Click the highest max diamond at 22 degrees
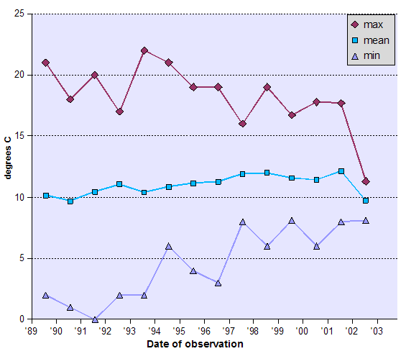[144, 50]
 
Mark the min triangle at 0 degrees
[95, 319]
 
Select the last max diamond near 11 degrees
[366, 181]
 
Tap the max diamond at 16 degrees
[243, 124]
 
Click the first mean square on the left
[46, 196]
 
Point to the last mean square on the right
[366, 201]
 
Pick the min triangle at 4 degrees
[193, 270]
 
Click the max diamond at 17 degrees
[119, 112]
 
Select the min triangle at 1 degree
[70, 307]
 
